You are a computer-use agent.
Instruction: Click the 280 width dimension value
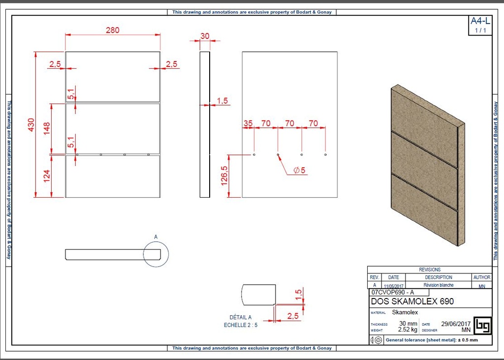112,30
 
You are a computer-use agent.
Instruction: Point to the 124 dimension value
47,176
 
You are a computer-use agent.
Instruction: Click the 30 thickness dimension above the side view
205,36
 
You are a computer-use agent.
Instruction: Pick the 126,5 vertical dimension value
224,176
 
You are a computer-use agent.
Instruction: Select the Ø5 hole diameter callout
299,170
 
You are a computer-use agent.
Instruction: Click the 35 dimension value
248,123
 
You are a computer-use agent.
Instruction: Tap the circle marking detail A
156,254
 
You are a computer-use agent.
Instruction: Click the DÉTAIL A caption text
240,317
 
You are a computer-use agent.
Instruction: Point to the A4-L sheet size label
480,21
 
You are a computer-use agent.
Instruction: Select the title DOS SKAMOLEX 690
412,301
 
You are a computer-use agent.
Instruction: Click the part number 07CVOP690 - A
393,292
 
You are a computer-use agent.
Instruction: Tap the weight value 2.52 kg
408,330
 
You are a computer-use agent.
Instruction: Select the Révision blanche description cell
438,285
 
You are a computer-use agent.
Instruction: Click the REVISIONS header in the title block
430,270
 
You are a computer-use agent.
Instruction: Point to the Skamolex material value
405,312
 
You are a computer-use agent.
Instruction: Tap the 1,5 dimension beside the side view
222,101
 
